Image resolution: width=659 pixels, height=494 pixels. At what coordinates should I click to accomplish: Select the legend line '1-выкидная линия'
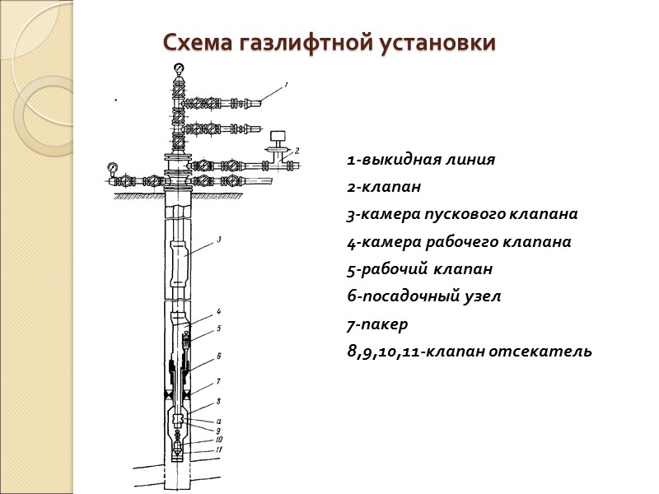click(421, 160)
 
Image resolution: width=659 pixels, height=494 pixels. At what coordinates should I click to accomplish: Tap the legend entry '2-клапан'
click(384, 187)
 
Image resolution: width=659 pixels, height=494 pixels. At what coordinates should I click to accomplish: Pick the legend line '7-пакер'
click(377, 324)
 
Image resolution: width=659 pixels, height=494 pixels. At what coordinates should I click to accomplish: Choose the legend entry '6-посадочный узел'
click(423, 296)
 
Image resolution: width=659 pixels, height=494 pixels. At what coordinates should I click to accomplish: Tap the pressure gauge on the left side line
click(112, 169)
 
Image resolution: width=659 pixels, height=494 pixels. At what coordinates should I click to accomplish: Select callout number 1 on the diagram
click(285, 84)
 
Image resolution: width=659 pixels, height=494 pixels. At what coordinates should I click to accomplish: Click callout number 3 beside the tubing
click(220, 240)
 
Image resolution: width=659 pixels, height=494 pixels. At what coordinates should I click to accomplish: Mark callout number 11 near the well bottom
click(220, 449)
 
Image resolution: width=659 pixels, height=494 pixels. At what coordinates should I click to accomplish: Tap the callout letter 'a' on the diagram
click(218, 421)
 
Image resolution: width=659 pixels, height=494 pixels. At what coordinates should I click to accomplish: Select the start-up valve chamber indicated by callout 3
click(183, 256)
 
